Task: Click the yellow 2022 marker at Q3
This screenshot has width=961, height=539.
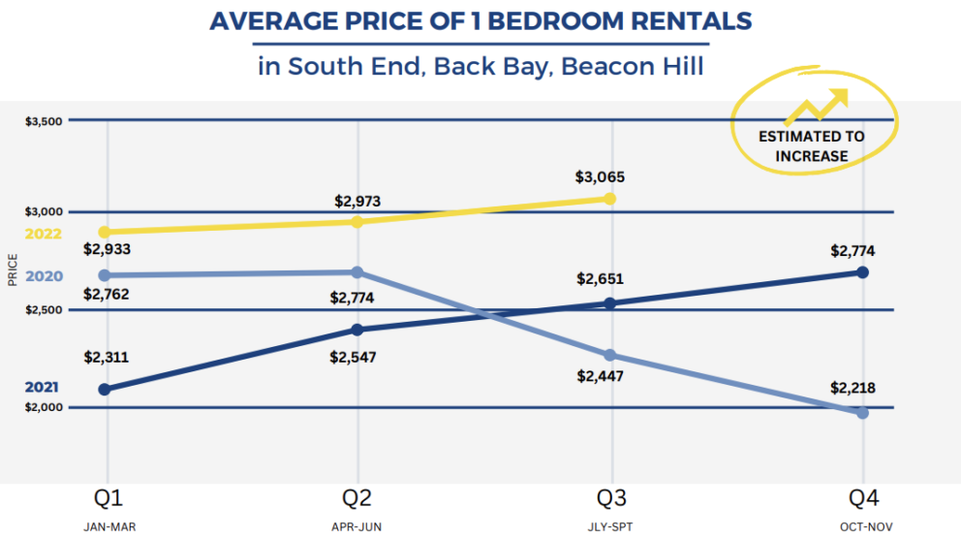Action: [609, 199]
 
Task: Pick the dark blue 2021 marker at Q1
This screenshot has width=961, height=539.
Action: [105, 390]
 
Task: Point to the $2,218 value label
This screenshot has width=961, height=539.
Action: [853, 388]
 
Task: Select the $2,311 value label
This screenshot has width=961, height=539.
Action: [107, 358]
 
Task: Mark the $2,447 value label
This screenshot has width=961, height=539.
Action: [602, 375]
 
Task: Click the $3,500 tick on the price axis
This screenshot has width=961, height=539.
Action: [45, 121]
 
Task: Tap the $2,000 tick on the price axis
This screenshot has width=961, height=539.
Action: [45, 408]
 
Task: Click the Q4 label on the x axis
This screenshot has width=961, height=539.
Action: [863, 498]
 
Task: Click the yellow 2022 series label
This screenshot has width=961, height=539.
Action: [44, 234]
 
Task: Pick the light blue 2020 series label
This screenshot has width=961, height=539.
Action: [44, 276]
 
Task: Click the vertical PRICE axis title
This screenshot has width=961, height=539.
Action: [13, 270]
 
